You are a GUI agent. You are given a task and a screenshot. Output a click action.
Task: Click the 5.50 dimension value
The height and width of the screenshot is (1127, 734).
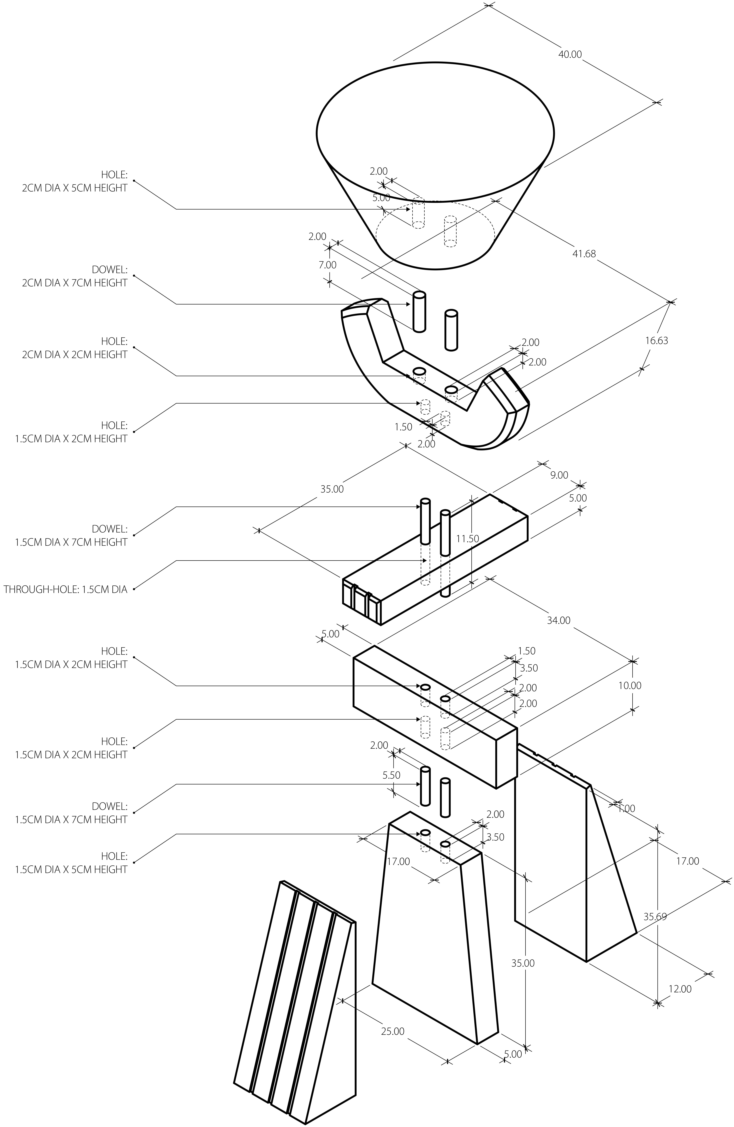pyautogui.click(x=391, y=775)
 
